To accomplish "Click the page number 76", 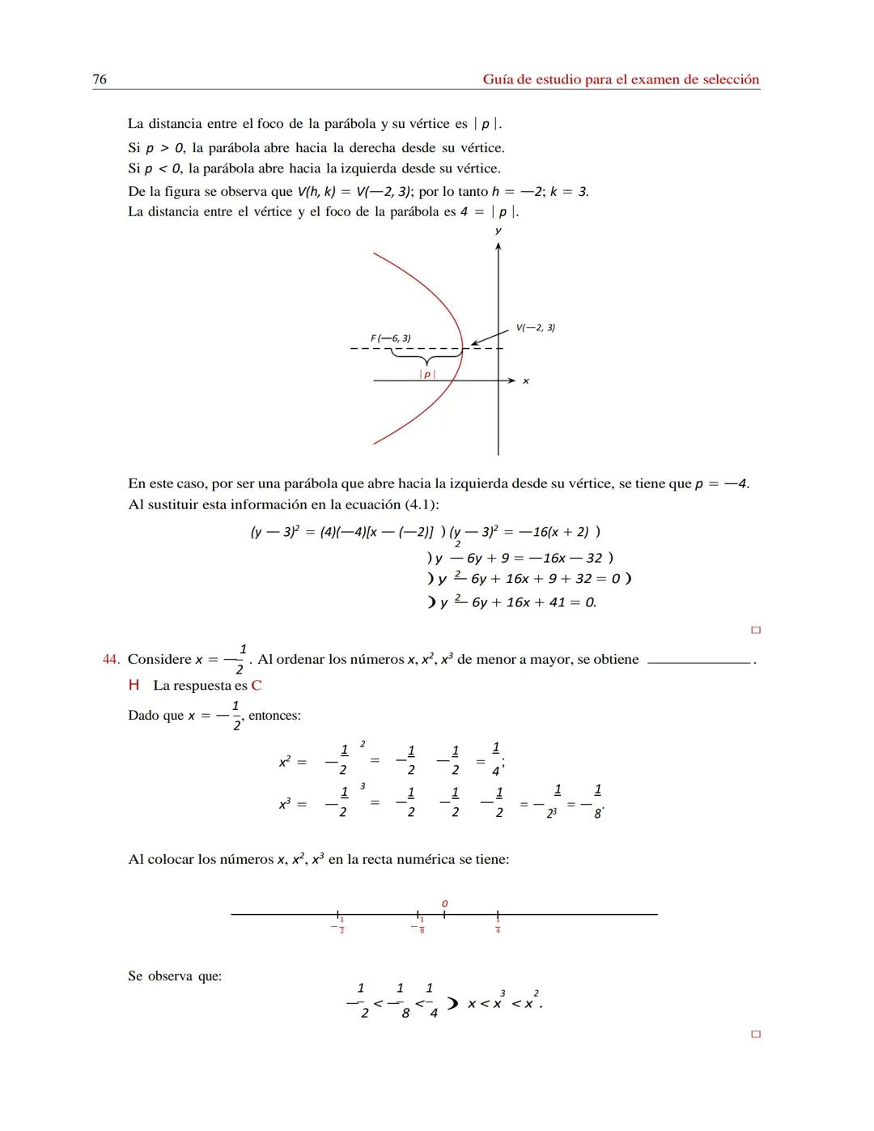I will coord(100,79).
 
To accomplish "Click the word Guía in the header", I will coord(499,79).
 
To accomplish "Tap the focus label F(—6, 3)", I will coord(390,338).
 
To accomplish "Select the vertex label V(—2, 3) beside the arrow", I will coord(535,327).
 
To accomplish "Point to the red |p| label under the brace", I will coord(427,374).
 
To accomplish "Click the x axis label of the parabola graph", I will coord(526,381).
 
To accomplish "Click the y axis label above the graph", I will coord(498,232).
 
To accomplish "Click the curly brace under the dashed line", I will coord(426,357).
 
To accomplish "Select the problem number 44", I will coord(111,660).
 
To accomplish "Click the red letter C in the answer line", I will coord(256,686).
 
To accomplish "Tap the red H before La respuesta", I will coord(134,686).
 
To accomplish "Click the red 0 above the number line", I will coord(444,903).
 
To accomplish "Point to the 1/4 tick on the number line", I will coord(498,915).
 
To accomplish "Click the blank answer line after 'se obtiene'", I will coord(699,663).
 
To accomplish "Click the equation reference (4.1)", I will coord(421,504).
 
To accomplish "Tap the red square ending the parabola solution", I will coord(756,630).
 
